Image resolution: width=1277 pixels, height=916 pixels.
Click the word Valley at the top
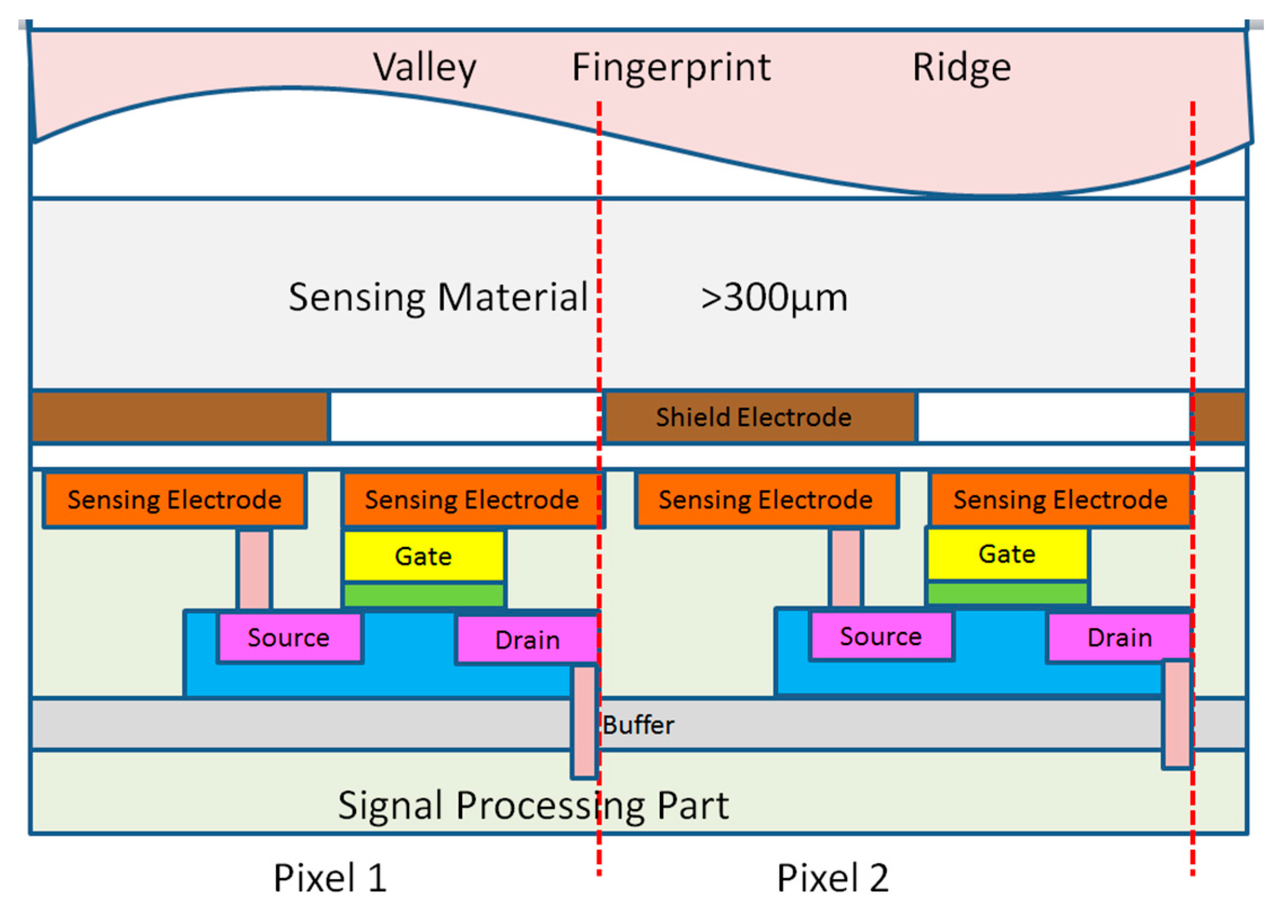[x=425, y=68]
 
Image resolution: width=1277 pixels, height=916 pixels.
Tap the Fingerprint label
[x=671, y=68]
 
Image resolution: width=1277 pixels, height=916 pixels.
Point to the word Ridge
[x=961, y=68]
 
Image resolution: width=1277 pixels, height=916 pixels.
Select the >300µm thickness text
[x=773, y=298]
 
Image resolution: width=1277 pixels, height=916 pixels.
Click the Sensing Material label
[x=438, y=298]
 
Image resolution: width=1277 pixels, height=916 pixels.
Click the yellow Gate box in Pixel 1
[x=423, y=556]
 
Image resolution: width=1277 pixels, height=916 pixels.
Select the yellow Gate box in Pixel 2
[x=1007, y=554]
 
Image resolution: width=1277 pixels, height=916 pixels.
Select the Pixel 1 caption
[x=330, y=879]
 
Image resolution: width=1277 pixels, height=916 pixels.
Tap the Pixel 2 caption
[x=833, y=879]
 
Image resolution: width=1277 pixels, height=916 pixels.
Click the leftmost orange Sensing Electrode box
[x=174, y=500]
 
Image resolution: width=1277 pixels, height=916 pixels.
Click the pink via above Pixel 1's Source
[x=254, y=569]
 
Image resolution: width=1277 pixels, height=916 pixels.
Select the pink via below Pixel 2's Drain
[x=1177, y=714]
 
